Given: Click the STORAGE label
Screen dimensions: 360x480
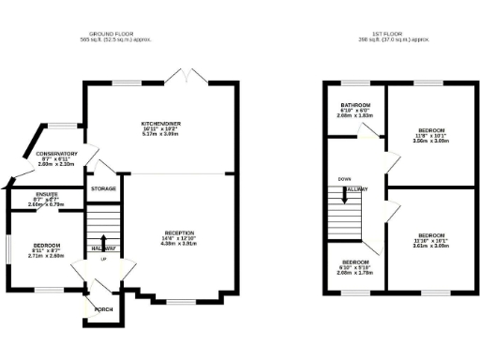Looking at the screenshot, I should click(103, 188).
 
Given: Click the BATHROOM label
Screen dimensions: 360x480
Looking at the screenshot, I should click(355, 105).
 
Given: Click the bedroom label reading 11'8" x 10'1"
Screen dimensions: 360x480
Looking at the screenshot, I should click(431, 130).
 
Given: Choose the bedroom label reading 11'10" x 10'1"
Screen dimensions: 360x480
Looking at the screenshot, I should click(431, 234).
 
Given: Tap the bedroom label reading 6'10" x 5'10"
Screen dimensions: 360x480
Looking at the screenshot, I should click(355, 262).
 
